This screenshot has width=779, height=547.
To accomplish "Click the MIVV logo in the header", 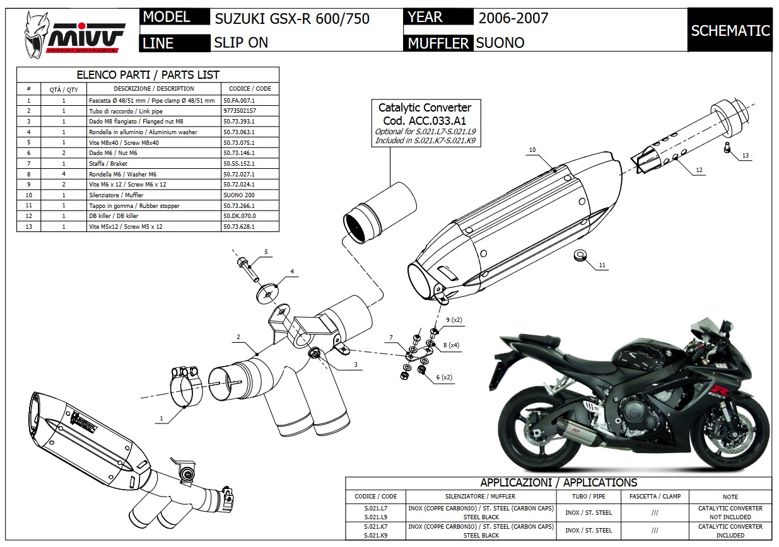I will [x=73, y=32].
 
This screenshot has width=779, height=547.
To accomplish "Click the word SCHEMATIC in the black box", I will [x=730, y=30].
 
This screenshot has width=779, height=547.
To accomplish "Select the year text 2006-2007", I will [x=513, y=18].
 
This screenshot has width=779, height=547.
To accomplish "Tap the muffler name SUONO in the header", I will [x=500, y=43].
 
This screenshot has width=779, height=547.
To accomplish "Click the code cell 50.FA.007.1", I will [x=240, y=100].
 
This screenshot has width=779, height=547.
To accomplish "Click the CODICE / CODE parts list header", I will [x=250, y=89].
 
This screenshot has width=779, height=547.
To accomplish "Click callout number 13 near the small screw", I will [x=745, y=155].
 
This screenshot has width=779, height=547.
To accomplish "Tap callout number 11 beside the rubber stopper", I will [x=602, y=266].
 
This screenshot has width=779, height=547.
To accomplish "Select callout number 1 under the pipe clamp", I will [x=161, y=418].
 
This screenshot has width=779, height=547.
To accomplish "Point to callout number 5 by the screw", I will [x=266, y=252].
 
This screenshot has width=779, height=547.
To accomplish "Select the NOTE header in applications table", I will [x=730, y=496].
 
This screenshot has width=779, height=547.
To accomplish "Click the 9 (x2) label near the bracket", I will [x=453, y=320].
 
